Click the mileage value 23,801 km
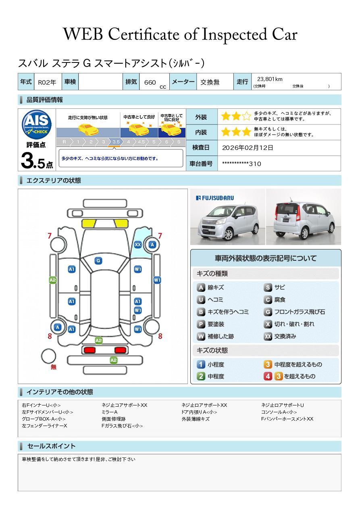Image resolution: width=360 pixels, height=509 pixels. pos(270,79)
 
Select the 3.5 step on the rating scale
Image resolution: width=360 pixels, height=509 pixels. pos(116,142)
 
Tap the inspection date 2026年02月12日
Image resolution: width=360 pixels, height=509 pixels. pos(248,148)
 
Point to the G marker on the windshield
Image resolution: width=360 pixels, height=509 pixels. pos(98,261)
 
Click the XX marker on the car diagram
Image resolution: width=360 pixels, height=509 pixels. pos(138,245)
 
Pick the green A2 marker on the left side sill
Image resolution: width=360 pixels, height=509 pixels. pos(53,280)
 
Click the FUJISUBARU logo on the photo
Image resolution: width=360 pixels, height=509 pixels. pos(215,198)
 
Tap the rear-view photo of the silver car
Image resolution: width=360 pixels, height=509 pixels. pos(304,217)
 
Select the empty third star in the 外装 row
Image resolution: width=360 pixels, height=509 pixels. pos(246,116)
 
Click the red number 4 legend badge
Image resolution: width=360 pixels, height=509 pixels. pos(268,376)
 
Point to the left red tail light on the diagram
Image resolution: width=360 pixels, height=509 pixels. pos(89,350)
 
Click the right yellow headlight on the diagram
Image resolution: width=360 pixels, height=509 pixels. pos(121,224)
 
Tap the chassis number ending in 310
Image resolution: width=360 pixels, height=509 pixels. pos(241,164)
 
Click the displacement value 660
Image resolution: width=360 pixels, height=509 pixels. pos(150,82)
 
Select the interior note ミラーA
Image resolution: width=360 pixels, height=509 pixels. pos(109,412)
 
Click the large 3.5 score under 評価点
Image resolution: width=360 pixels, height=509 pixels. pos(37,161)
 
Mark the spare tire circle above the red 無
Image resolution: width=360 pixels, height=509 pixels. pos(48,356)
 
